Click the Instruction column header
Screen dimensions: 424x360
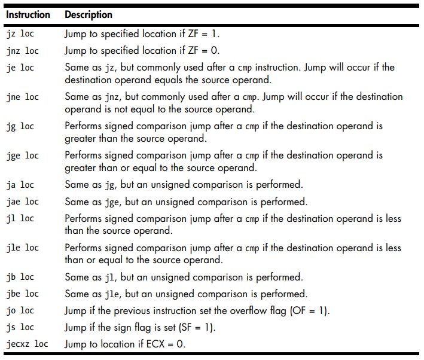click(x=28, y=14)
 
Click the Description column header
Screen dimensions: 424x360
click(x=89, y=15)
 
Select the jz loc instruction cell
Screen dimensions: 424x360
click(x=20, y=34)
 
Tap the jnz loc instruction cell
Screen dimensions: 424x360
click(x=23, y=51)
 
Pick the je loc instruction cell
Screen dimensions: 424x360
click(x=20, y=68)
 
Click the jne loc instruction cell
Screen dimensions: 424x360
click(x=23, y=97)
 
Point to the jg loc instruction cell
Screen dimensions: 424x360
click(x=20, y=126)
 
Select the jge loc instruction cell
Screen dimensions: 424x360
click(x=23, y=155)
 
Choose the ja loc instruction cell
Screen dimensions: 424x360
click(x=20, y=185)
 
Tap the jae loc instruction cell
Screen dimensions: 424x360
click(x=23, y=202)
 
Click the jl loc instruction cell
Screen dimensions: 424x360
click(x=20, y=218)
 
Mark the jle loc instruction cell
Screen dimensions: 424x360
click(x=23, y=248)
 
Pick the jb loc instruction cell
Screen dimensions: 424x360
click(x=20, y=277)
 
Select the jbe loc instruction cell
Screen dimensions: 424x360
click(x=23, y=294)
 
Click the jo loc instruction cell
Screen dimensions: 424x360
click(x=20, y=311)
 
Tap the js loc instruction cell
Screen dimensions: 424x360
click(x=20, y=328)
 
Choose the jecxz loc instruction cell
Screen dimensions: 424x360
click(x=28, y=344)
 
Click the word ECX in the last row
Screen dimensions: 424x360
click(x=155, y=344)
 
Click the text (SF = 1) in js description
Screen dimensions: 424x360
click(x=197, y=328)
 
